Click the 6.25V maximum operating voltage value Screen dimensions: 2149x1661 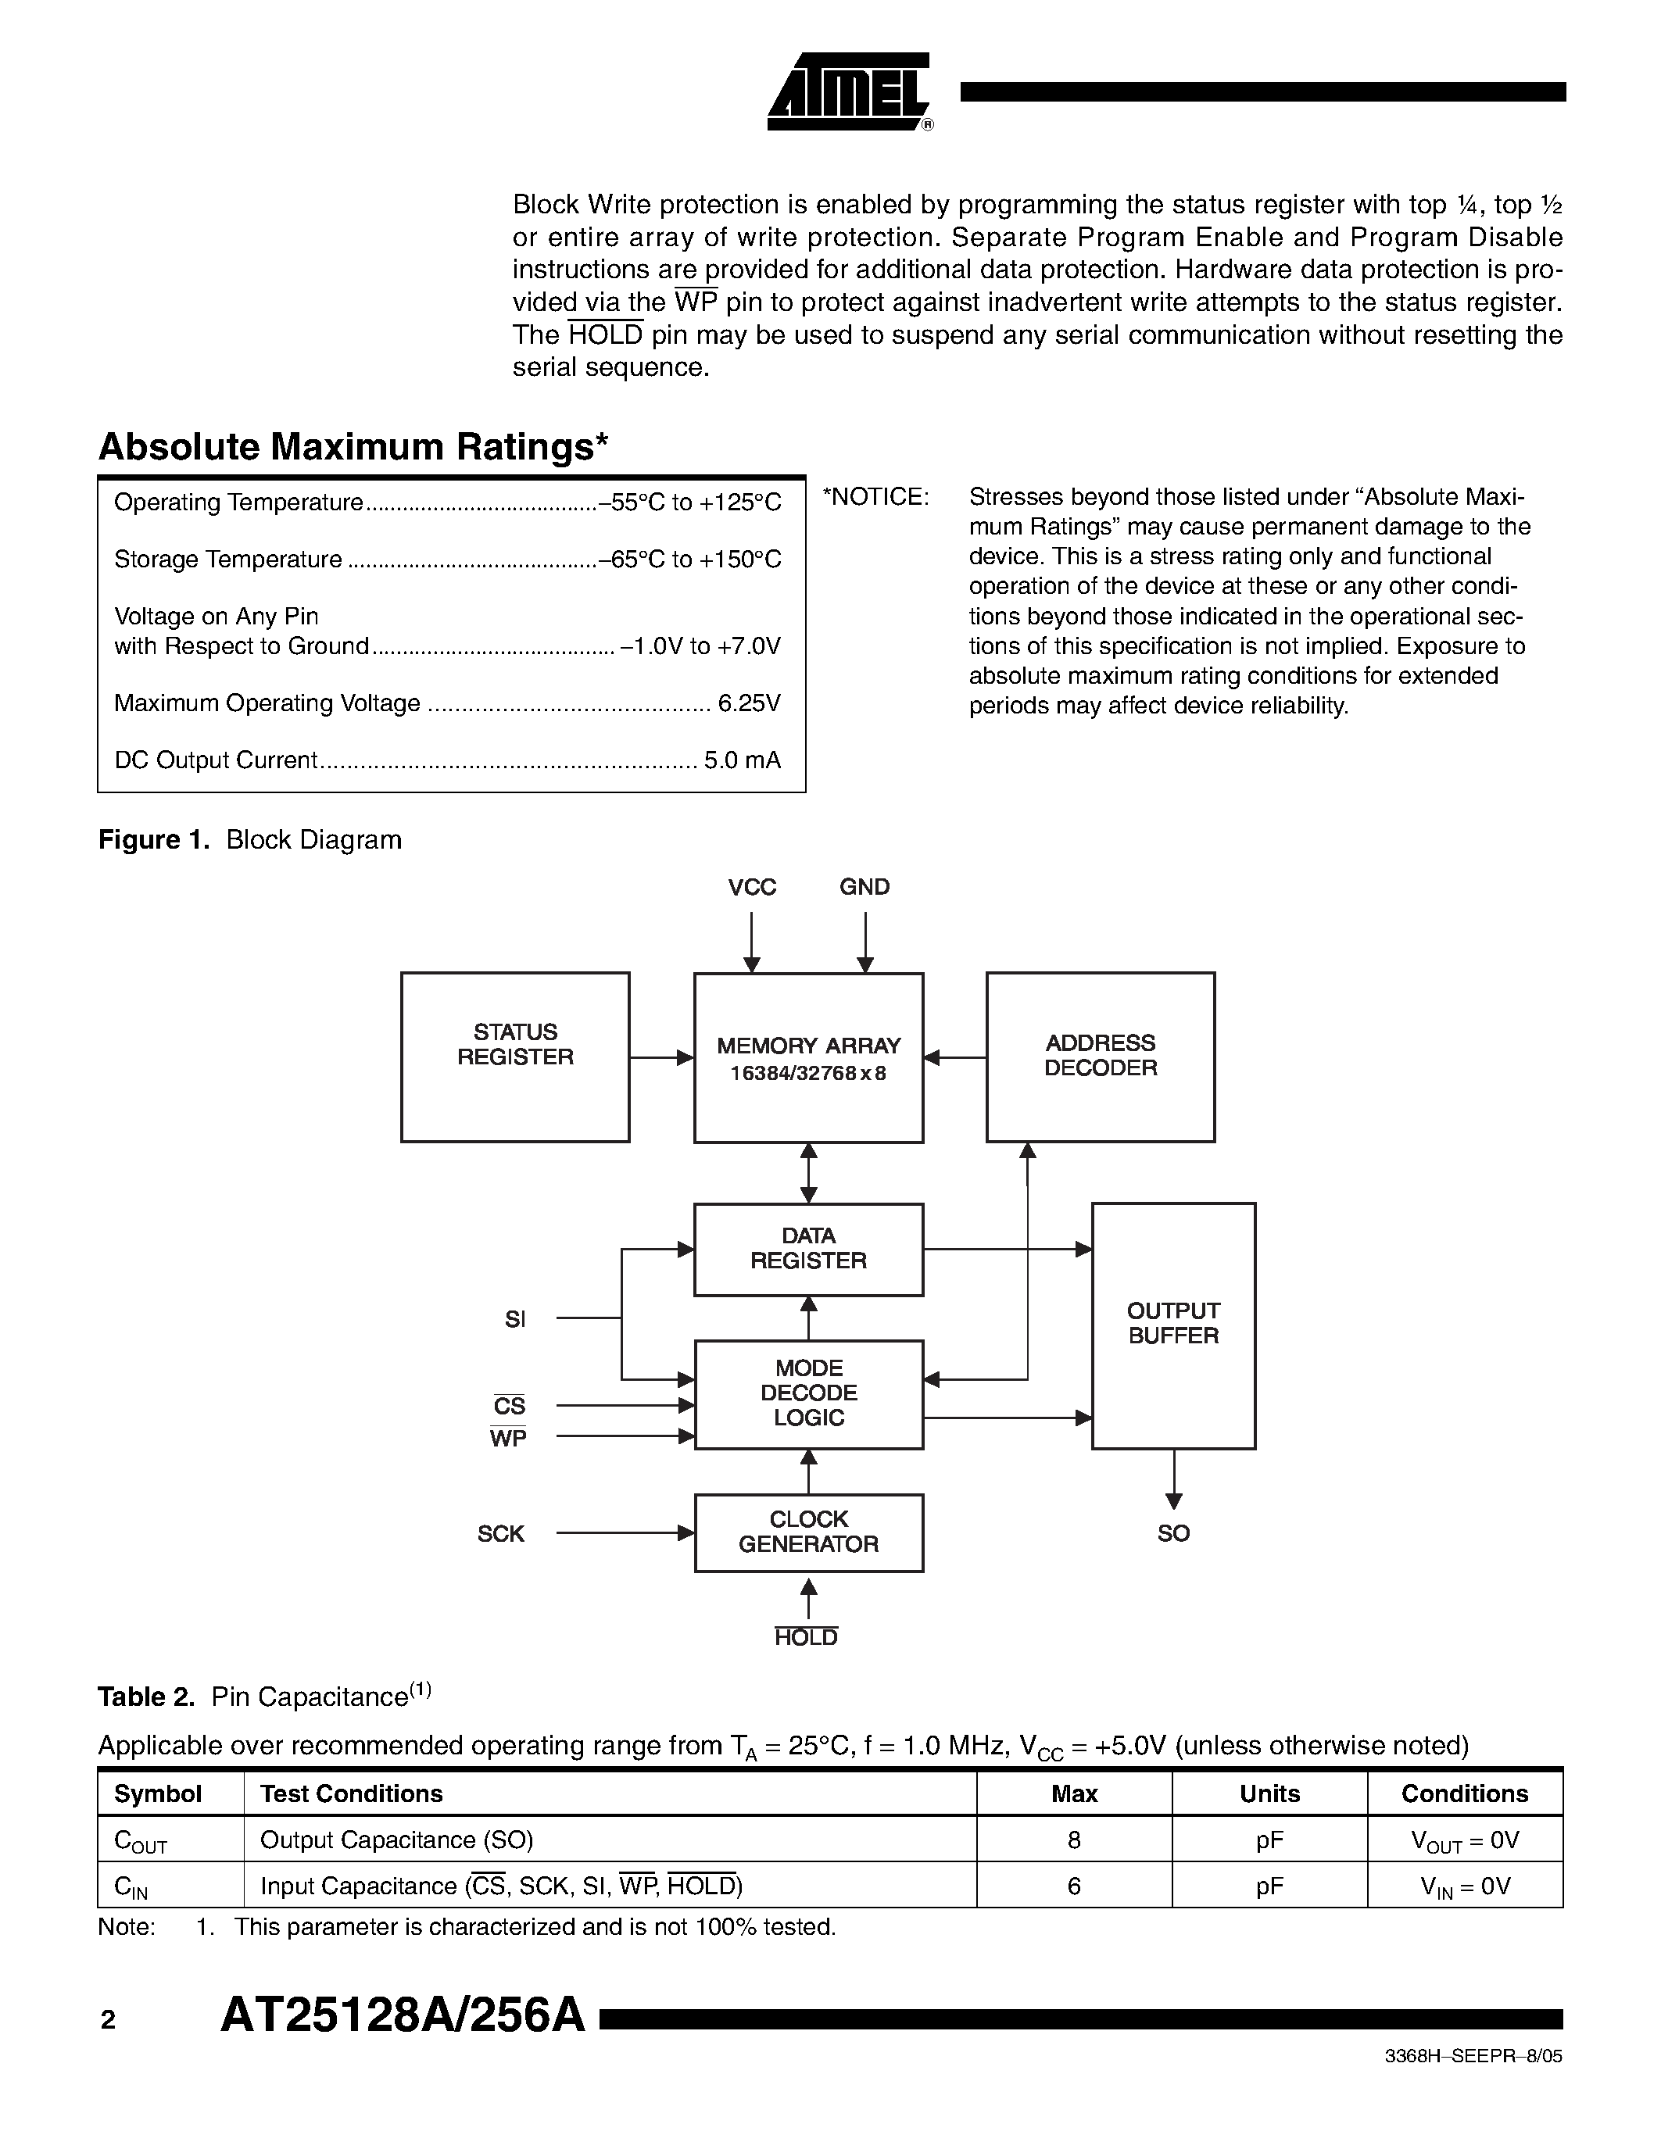point(749,703)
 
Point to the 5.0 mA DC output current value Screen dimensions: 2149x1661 point(742,760)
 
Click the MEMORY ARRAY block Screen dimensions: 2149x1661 point(808,1058)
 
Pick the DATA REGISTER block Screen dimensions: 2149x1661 point(808,1249)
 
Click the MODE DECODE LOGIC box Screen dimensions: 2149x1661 point(808,1393)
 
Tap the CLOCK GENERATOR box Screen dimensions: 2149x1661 point(808,1532)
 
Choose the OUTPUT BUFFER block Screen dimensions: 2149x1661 point(1173,1325)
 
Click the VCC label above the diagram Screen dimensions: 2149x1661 point(752,888)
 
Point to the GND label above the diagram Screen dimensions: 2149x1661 point(864,888)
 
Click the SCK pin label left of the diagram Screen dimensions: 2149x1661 point(501,1534)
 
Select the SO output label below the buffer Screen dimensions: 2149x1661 point(1173,1533)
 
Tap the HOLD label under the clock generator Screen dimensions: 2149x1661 point(806,1637)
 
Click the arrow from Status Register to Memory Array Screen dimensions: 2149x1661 point(661,1058)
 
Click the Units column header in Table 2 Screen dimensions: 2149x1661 point(1269,1793)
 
